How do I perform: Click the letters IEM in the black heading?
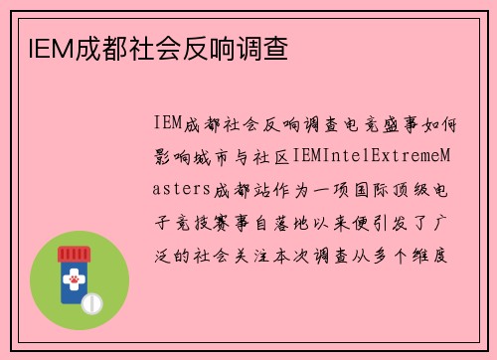[41, 47]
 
